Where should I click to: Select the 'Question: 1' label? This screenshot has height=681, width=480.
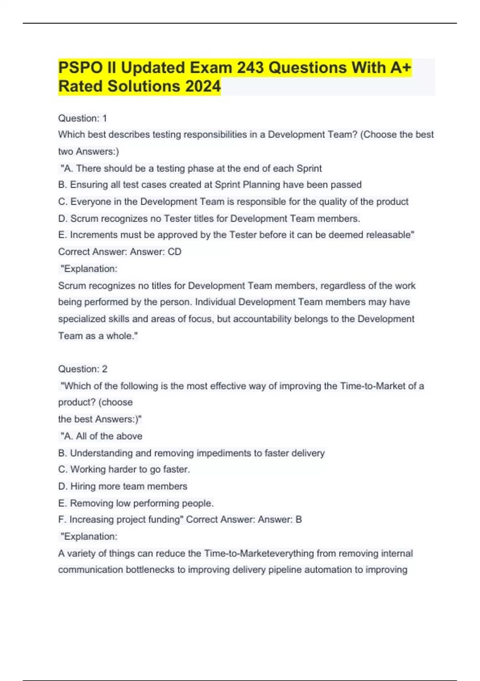coord(82,118)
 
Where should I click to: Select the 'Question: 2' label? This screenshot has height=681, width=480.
coord(82,369)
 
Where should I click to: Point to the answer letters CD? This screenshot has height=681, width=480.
coord(174,252)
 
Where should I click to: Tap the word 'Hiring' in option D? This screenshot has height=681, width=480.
coord(83,486)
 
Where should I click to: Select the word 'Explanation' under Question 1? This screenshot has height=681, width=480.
coord(90,269)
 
